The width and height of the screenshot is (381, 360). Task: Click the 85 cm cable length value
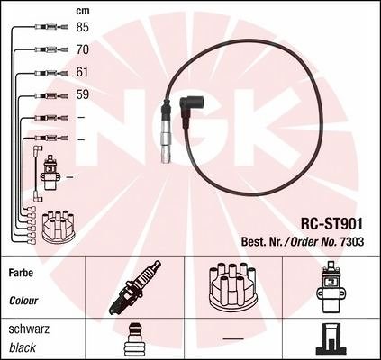pyautogui.click(x=83, y=27)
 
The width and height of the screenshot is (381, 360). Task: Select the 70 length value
pyautogui.click(x=83, y=49)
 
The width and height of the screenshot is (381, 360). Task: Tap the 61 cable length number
pyautogui.click(x=82, y=72)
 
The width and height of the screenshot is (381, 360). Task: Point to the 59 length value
pyautogui.click(x=83, y=94)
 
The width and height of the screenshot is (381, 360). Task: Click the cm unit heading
pyautogui.click(x=83, y=11)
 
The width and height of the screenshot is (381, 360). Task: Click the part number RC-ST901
pyautogui.click(x=331, y=223)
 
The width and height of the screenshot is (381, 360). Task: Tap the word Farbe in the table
pyautogui.click(x=21, y=273)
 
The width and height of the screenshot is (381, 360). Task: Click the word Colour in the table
pyautogui.click(x=23, y=301)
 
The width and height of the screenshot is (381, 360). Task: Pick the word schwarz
pyautogui.click(x=29, y=329)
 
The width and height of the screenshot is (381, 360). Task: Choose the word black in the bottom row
pyautogui.click(x=23, y=347)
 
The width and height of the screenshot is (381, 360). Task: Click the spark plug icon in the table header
pyautogui.click(x=135, y=287)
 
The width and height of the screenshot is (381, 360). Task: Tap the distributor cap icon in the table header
pyautogui.click(x=233, y=286)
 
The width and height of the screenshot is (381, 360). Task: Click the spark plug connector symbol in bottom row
pyautogui.click(x=135, y=339)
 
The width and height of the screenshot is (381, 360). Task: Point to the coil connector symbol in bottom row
pyautogui.click(x=330, y=339)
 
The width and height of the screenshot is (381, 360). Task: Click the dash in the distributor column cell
pyautogui.click(x=233, y=339)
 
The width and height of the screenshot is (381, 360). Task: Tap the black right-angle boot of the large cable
pyautogui.click(x=188, y=112)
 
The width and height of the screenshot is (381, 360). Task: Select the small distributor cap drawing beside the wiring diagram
pyautogui.click(x=59, y=227)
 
